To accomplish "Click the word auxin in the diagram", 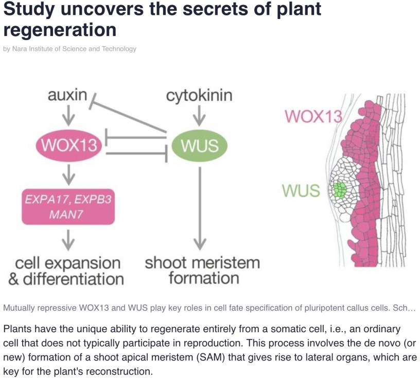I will [x=67, y=96].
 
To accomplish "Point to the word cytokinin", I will [x=199, y=96].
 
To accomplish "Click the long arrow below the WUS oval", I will [x=200, y=205].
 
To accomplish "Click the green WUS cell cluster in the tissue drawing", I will [x=339, y=190].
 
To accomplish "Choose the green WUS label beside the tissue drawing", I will [x=301, y=191].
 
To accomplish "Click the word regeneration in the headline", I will [x=60, y=29].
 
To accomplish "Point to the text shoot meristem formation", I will [x=202, y=271].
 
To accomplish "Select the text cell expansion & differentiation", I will [x=67, y=271].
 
